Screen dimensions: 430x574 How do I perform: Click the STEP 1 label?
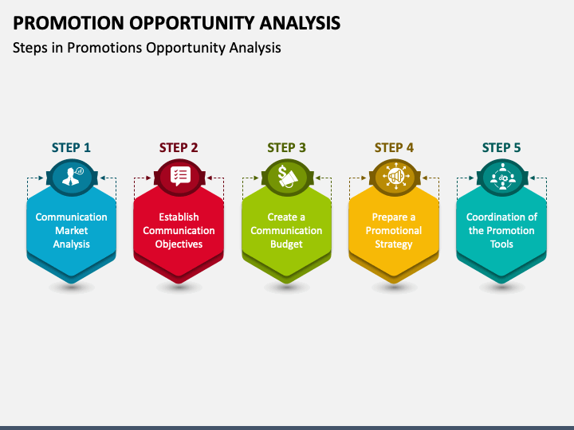tap(71, 147)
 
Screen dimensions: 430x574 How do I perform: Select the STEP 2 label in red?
tap(179, 147)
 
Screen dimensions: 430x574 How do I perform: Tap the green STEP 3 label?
tap(286, 147)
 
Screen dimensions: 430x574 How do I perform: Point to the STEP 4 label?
tap(394, 147)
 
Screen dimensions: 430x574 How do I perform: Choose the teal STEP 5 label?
tap(501, 147)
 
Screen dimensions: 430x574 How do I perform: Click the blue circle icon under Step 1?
tap(71, 175)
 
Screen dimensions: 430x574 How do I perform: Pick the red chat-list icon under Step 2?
tap(179, 175)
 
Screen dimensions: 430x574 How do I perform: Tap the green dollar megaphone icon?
tap(286, 175)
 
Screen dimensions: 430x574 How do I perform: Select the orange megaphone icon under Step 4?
tap(394, 175)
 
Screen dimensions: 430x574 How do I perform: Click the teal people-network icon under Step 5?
tap(501, 175)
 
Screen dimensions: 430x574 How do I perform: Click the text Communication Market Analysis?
tap(71, 230)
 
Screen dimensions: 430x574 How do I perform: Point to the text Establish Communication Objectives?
tap(179, 230)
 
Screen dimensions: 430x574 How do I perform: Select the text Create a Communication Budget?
tap(286, 230)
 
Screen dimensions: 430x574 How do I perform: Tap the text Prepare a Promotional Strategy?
tap(394, 230)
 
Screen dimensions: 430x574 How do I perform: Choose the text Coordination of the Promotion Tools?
tap(501, 230)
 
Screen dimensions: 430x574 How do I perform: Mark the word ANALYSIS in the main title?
tap(295, 22)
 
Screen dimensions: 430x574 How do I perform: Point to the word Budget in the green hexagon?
tap(286, 244)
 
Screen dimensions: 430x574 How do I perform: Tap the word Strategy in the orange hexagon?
tap(394, 244)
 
